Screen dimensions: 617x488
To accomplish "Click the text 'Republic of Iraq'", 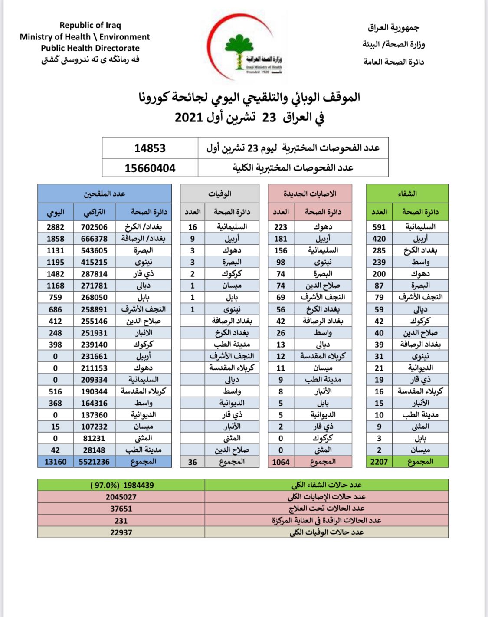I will coord(90,25).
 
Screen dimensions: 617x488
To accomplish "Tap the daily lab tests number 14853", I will coord(150,148).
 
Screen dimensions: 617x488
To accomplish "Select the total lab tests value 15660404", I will coord(150,168).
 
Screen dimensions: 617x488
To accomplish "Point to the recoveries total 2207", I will coord(379,462).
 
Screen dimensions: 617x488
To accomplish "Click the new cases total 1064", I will coord(281,462).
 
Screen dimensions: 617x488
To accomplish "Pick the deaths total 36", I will coord(192,462).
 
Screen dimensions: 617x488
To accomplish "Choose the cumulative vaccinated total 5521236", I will coord(94,462).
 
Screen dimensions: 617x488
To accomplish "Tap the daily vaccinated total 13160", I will coord(56,462).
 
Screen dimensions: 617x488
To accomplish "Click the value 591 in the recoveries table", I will coord(379,227).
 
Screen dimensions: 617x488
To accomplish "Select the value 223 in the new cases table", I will coord(281,227).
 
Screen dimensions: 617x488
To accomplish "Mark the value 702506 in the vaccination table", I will coord(94,227).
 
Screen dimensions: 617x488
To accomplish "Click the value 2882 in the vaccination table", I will coord(56,227).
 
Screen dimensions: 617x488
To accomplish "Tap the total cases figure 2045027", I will coord(121,497).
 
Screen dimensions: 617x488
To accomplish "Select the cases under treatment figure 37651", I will coord(121,509).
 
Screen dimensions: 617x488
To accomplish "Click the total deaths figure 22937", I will coord(121,532).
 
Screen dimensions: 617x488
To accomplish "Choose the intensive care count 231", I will coord(121,521).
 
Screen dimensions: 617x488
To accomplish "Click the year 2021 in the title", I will coord(189,117).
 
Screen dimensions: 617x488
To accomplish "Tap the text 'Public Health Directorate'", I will coord(90,48).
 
